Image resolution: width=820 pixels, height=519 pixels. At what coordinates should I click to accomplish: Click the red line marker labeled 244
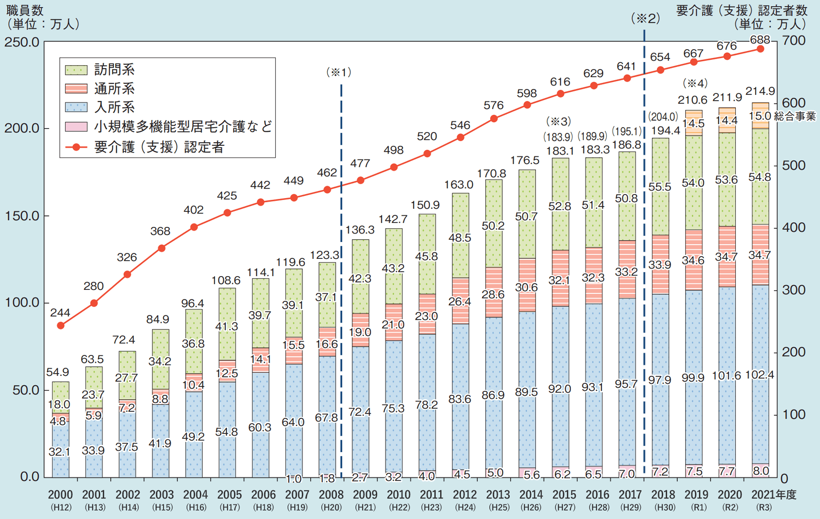click(61, 325)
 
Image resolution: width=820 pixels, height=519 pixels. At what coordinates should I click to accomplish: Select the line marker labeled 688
click(760, 49)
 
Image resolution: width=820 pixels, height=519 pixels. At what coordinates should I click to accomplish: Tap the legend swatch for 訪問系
click(76, 70)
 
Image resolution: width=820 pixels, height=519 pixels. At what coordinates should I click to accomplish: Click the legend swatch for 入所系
click(76, 108)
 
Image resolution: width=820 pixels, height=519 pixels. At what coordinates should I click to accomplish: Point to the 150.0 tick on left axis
click(22, 216)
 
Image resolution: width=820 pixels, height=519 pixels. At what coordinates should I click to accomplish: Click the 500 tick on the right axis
click(793, 165)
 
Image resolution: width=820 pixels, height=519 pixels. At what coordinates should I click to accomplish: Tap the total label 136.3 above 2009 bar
click(360, 230)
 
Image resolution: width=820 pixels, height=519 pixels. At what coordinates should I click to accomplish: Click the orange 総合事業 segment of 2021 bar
click(760, 116)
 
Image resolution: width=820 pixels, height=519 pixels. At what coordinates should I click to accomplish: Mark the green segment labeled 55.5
click(660, 187)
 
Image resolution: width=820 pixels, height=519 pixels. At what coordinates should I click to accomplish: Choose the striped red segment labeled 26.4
click(460, 301)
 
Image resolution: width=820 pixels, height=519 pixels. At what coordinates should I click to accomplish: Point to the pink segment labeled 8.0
click(760, 471)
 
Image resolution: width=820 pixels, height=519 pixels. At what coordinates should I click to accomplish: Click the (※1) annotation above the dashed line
click(339, 72)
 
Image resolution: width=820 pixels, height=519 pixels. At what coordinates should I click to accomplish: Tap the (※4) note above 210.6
click(695, 83)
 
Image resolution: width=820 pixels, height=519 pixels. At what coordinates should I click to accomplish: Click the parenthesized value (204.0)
click(663, 117)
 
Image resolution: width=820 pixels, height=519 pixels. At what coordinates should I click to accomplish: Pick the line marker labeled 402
click(194, 227)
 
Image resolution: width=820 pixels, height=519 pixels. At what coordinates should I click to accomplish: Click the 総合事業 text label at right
click(795, 116)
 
